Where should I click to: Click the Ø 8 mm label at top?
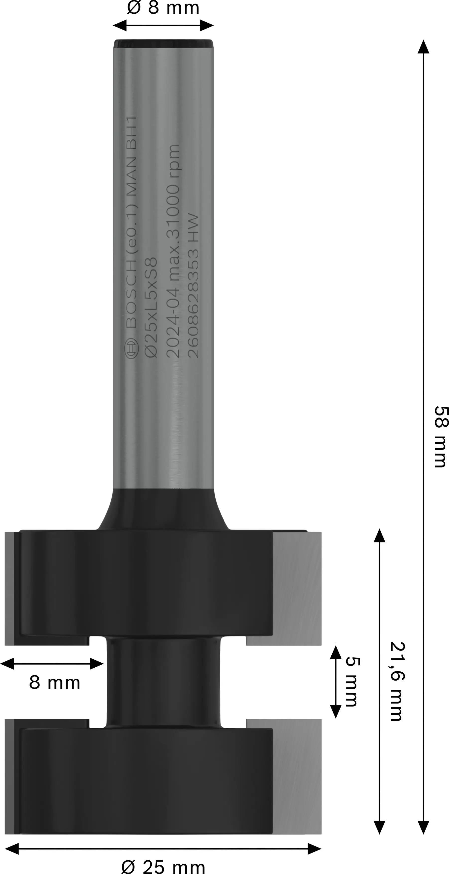[x=163, y=8]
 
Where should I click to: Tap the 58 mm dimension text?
[x=441, y=437]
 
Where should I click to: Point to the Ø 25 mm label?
[x=163, y=867]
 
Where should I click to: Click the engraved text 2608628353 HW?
[x=193, y=286]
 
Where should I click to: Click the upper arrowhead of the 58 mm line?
[x=423, y=47]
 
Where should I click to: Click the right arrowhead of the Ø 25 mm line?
[x=314, y=849]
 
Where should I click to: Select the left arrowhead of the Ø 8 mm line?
[x=120, y=25]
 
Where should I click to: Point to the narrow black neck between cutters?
[x=163, y=682]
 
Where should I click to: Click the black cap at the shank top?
[x=163, y=43]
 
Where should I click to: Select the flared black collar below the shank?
[x=163, y=509]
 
